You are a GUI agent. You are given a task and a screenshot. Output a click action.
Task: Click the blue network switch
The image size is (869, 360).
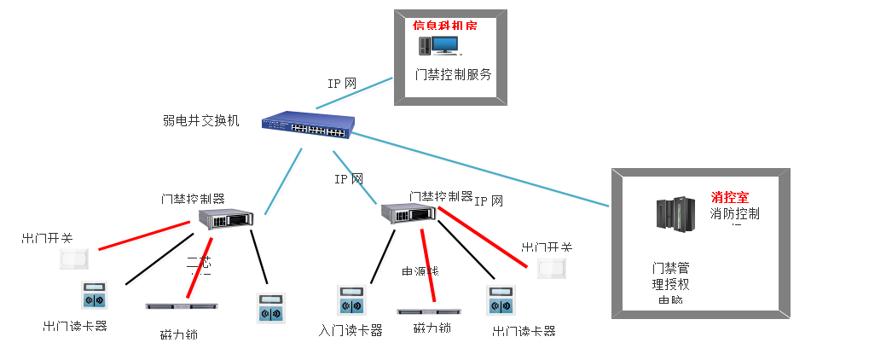pos(307,125)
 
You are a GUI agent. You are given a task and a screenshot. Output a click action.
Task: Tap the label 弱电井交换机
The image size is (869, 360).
pos(201,120)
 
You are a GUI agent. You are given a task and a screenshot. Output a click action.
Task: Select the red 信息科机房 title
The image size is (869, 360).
pos(444,26)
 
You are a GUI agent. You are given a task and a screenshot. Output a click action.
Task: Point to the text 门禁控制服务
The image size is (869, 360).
pos(453,74)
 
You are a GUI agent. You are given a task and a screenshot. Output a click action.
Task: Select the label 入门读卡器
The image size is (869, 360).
pos(350,330)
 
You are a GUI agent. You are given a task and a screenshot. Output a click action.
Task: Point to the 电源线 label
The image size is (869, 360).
pos(420,271)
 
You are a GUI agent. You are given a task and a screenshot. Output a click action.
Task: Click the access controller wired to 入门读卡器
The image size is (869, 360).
pos(408,213)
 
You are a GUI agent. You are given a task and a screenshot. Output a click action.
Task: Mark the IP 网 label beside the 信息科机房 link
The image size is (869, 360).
pos(341,84)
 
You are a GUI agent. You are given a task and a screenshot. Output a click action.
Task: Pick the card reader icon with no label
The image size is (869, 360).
pos(271,307)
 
